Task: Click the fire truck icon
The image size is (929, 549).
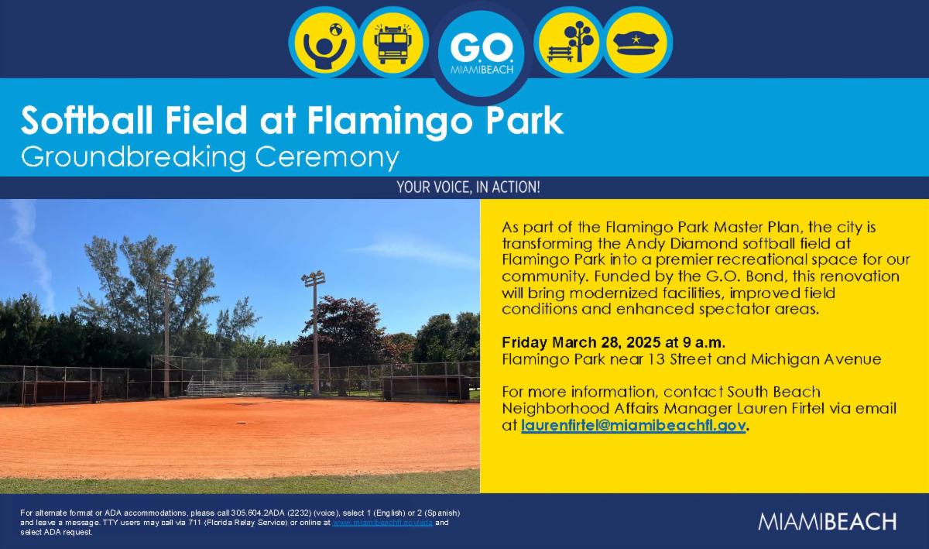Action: click(x=392, y=43)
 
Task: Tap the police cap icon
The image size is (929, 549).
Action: click(x=637, y=43)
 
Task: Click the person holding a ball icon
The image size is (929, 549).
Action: click(x=324, y=43)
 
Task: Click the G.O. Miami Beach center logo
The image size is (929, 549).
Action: click(x=481, y=53)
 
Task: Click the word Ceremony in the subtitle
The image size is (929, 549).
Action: click(x=327, y=157)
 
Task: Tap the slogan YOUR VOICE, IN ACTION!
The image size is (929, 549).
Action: click(x=468, y=187)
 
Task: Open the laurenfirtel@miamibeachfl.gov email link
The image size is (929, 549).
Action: click(x=633, y=425)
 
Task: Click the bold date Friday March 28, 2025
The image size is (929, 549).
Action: click(x=581, y=342)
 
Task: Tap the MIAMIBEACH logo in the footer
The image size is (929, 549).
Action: click(x=828, y=521)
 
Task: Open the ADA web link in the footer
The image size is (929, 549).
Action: click(x=382, y=523)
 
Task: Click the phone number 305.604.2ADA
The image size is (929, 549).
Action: click(x=255, y=513)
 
